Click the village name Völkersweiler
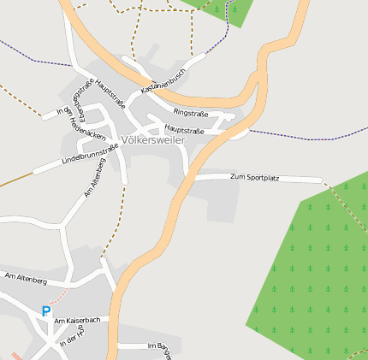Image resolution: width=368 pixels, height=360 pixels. (153, 140)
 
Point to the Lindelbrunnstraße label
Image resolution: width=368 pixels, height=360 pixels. (90, 155)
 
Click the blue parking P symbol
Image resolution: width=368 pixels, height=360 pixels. (45, 312)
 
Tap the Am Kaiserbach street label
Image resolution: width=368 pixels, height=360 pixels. (77, 321)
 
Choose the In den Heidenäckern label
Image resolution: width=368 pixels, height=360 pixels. (81, 124)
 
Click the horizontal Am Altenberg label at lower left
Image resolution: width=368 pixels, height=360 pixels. (26, 279)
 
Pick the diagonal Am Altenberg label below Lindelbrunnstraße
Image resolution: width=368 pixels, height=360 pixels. (95, 178)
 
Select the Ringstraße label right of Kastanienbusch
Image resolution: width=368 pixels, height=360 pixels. (191, 112)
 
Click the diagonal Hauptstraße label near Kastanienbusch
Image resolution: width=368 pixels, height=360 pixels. (112, 94)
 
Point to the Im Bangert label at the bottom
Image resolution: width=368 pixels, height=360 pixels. (160, 346)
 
